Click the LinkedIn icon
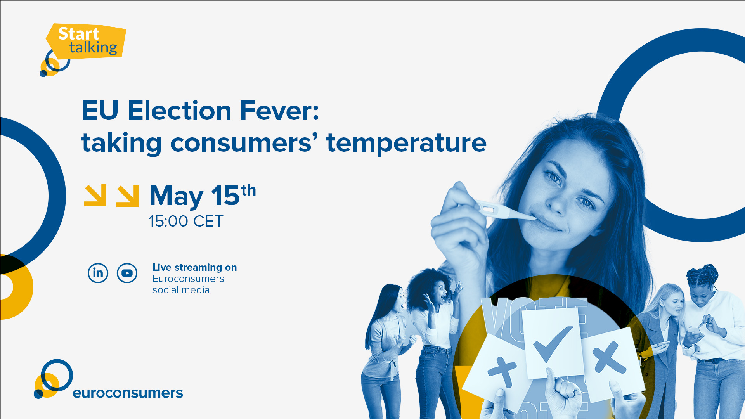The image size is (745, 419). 98,273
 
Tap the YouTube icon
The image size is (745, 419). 127,273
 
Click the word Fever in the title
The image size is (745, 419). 279,111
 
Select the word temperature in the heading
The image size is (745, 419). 406,144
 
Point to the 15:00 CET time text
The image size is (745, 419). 186,222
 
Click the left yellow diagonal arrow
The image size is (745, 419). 95,196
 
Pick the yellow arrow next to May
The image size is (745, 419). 128,196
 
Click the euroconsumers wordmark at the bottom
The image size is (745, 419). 128,393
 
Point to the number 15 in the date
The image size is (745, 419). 225,196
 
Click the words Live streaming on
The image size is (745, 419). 194,267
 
